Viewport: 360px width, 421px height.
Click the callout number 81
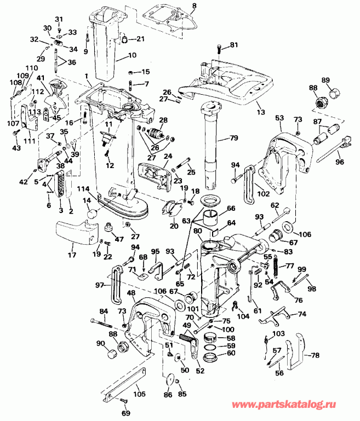point(234,44)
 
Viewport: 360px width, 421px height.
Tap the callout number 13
point(260,112)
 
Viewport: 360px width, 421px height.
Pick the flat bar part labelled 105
point(123,385)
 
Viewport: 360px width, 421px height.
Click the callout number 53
point(279,118)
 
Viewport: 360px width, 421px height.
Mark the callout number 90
point(101,343)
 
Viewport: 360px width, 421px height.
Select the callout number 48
point(131,293)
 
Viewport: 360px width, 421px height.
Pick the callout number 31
point(60,20)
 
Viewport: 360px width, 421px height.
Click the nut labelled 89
point(331,92)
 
